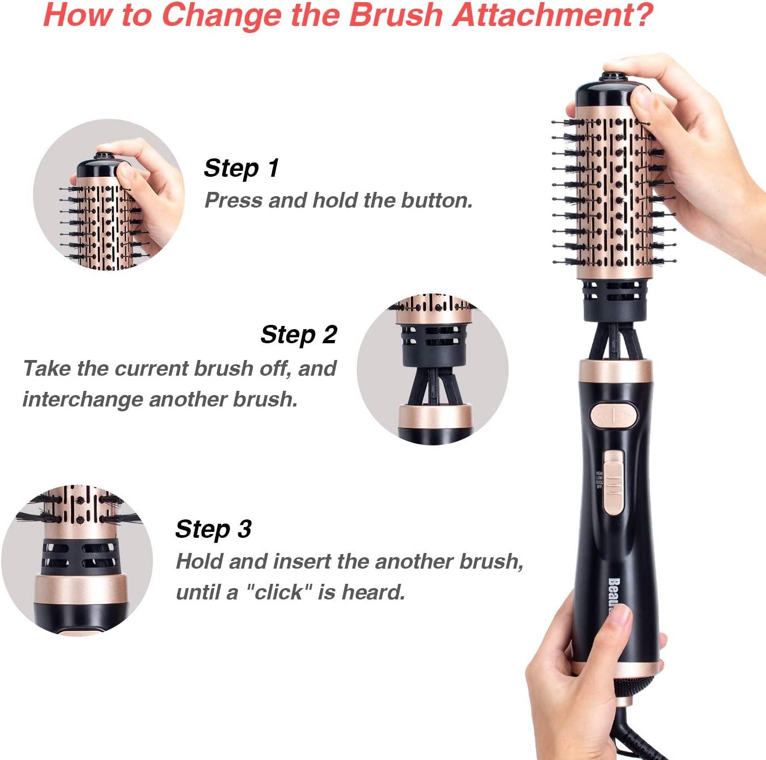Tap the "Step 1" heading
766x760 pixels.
(241, 168)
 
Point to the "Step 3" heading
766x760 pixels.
(213, 529)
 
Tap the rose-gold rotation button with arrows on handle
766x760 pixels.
(614, 415)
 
